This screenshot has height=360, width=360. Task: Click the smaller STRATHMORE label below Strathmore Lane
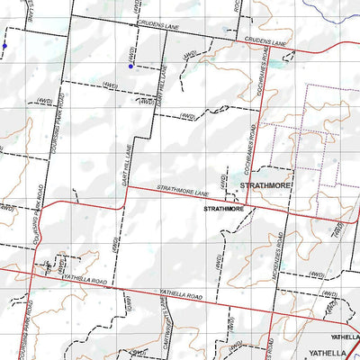click(x=224, y=209)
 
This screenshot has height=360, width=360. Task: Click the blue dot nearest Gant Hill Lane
click(x=130, y=66)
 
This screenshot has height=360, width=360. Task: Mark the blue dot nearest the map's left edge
click(x=4, y=45)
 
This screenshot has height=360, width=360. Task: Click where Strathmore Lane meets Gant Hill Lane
click(x=127, y=187)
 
